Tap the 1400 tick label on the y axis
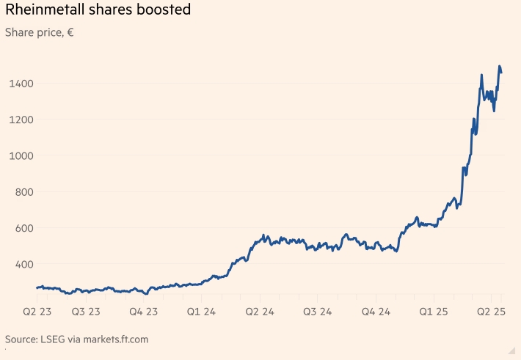tap(21, 84)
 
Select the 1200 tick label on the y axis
tap(21, 120)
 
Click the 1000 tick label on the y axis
tap(21, 155)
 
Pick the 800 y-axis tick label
tap(24, 192)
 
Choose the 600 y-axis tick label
tap(24, 228)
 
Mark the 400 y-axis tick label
tap(24, 264)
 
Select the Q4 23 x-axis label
tap(143, 312)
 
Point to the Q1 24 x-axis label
tap(201, 312)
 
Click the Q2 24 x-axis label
tap(259, 312)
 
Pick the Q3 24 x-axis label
tap(317, 312)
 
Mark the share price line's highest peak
tap(500, 67)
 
